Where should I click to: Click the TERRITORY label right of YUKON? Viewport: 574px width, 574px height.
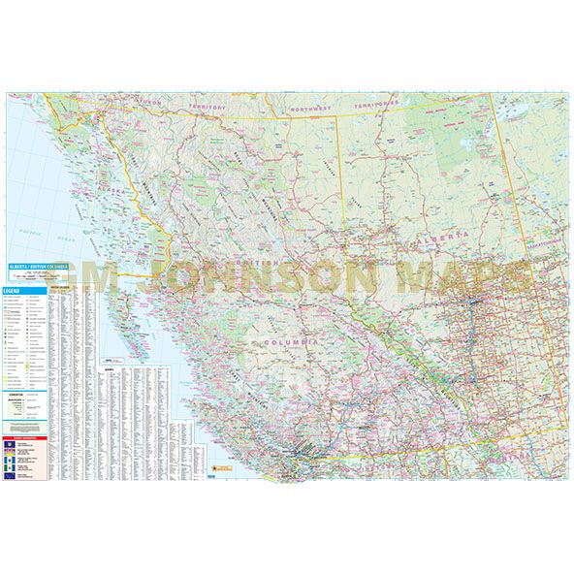(x=208, y=106)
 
